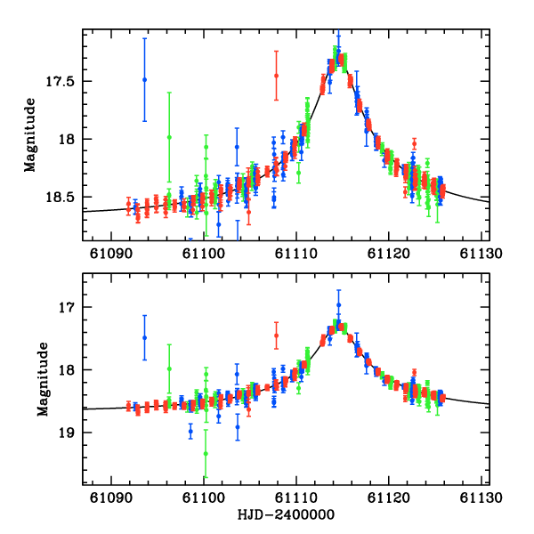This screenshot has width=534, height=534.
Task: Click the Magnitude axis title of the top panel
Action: (29, 135)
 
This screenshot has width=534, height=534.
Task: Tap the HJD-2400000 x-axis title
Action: (287, 515)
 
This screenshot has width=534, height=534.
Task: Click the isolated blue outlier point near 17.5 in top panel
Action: (144, 80)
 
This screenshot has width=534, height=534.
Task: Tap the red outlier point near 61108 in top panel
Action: (276, 76)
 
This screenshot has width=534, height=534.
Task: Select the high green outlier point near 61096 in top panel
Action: (169, 136)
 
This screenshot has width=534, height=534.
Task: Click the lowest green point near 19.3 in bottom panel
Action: (206, 453)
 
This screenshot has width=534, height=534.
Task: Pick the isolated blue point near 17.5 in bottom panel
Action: (144, 338)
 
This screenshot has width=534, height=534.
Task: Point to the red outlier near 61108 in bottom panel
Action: (276, 336)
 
